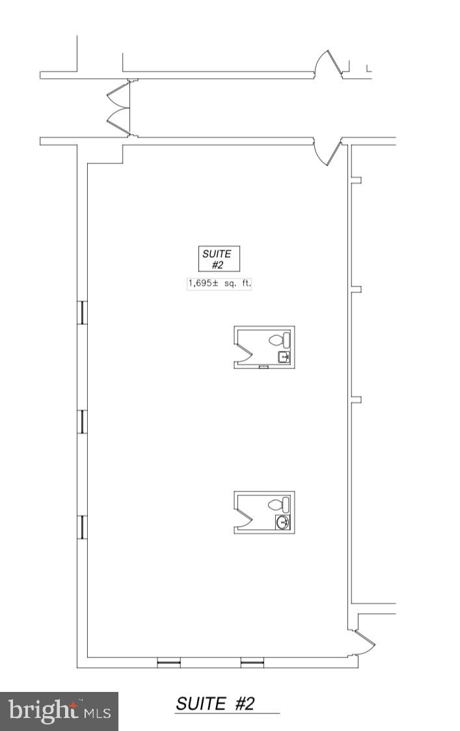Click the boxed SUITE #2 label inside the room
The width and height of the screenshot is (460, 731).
click(219, 258)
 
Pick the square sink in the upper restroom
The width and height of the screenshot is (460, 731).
click(284, 357)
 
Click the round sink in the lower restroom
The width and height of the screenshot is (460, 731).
click(284, 522)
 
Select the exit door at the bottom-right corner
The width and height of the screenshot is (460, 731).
click(364, 642)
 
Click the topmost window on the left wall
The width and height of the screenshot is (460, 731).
click(82, 312)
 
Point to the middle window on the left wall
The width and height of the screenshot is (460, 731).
click(82, 421)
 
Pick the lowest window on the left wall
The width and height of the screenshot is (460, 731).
click(82, 527)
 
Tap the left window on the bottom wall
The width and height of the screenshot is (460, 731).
click(169, 663)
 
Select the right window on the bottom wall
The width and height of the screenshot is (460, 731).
click(252, 663)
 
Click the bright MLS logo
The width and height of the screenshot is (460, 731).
click(59, 711)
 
